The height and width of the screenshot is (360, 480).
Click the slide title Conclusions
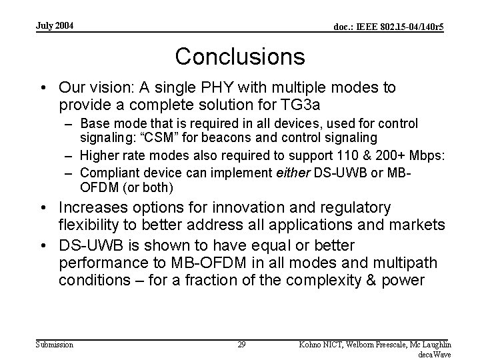(x=240, y=56)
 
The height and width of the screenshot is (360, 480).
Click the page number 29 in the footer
(x=241, y=344)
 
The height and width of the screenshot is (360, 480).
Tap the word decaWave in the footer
(x=434, y=354)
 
